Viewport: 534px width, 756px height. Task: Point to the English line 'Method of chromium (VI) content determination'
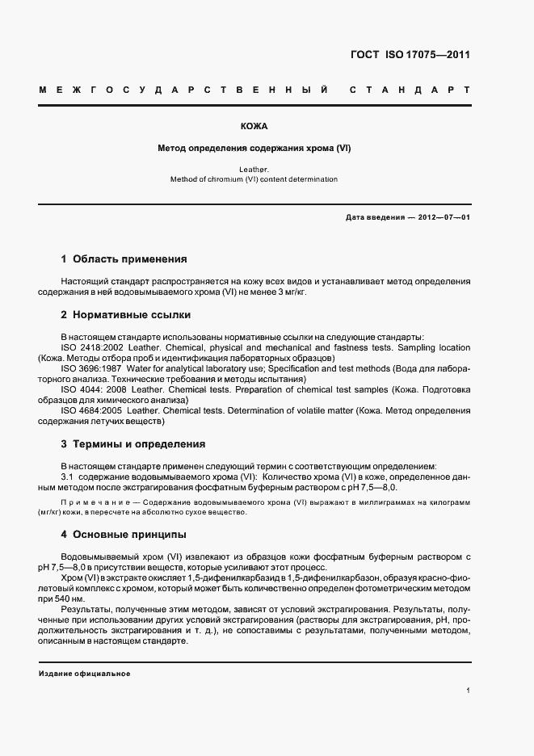click(x=254, y=179)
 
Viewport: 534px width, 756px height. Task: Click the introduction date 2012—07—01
click(x=444, y=218)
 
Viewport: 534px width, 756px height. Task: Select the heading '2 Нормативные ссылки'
click(x=126, y=315)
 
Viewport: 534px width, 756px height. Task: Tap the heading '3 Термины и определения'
click(x=133, y=443)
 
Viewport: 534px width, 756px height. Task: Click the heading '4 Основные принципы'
click(x=124, y=535)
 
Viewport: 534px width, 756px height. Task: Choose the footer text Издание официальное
click(x=84, y=673)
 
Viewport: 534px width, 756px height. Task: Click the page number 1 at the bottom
click(x=468, y=691)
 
